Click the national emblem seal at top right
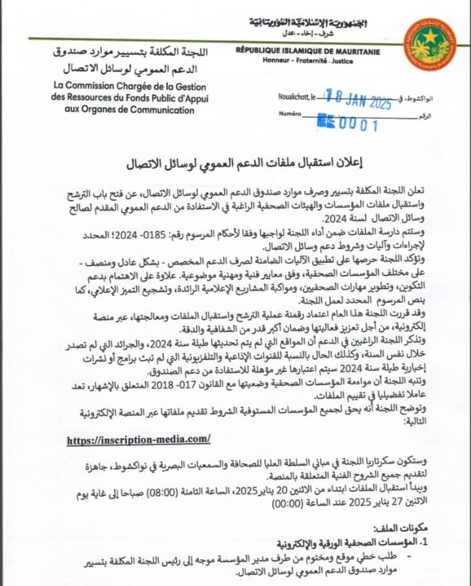430,44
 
